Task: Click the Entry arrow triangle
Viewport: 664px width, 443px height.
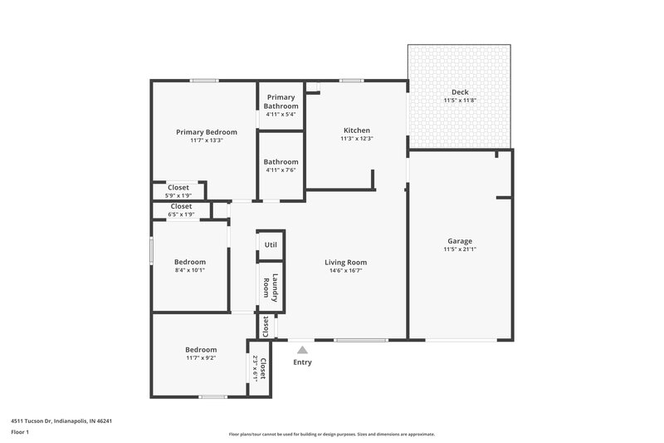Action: click(303, 351)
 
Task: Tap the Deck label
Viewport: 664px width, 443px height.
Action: click(460, 91)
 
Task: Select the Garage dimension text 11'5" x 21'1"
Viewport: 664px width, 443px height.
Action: click(460, 249)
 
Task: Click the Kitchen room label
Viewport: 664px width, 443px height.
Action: click(357, 130)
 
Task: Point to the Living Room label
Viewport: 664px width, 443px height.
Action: click(345, 262)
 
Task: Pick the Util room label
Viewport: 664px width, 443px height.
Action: click(271, 244)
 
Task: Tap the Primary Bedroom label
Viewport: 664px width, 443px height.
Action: click(207, 132)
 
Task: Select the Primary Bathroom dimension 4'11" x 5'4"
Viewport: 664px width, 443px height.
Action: click(281, 114)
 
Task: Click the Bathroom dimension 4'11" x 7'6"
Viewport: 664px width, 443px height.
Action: click(281, 170)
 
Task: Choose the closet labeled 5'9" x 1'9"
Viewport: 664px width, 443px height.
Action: click(179, 195)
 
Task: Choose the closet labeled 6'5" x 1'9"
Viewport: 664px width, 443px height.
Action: click(181, 214)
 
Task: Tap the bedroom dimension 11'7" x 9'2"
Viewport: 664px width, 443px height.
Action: click(201, 358)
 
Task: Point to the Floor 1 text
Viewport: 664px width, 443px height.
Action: click(20, 432)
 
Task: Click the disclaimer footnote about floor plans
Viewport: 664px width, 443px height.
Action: click(332, 434)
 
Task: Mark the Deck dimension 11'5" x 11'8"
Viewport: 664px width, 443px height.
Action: click(460, 101)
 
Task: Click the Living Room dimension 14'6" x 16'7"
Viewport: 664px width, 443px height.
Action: click(345, 271)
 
